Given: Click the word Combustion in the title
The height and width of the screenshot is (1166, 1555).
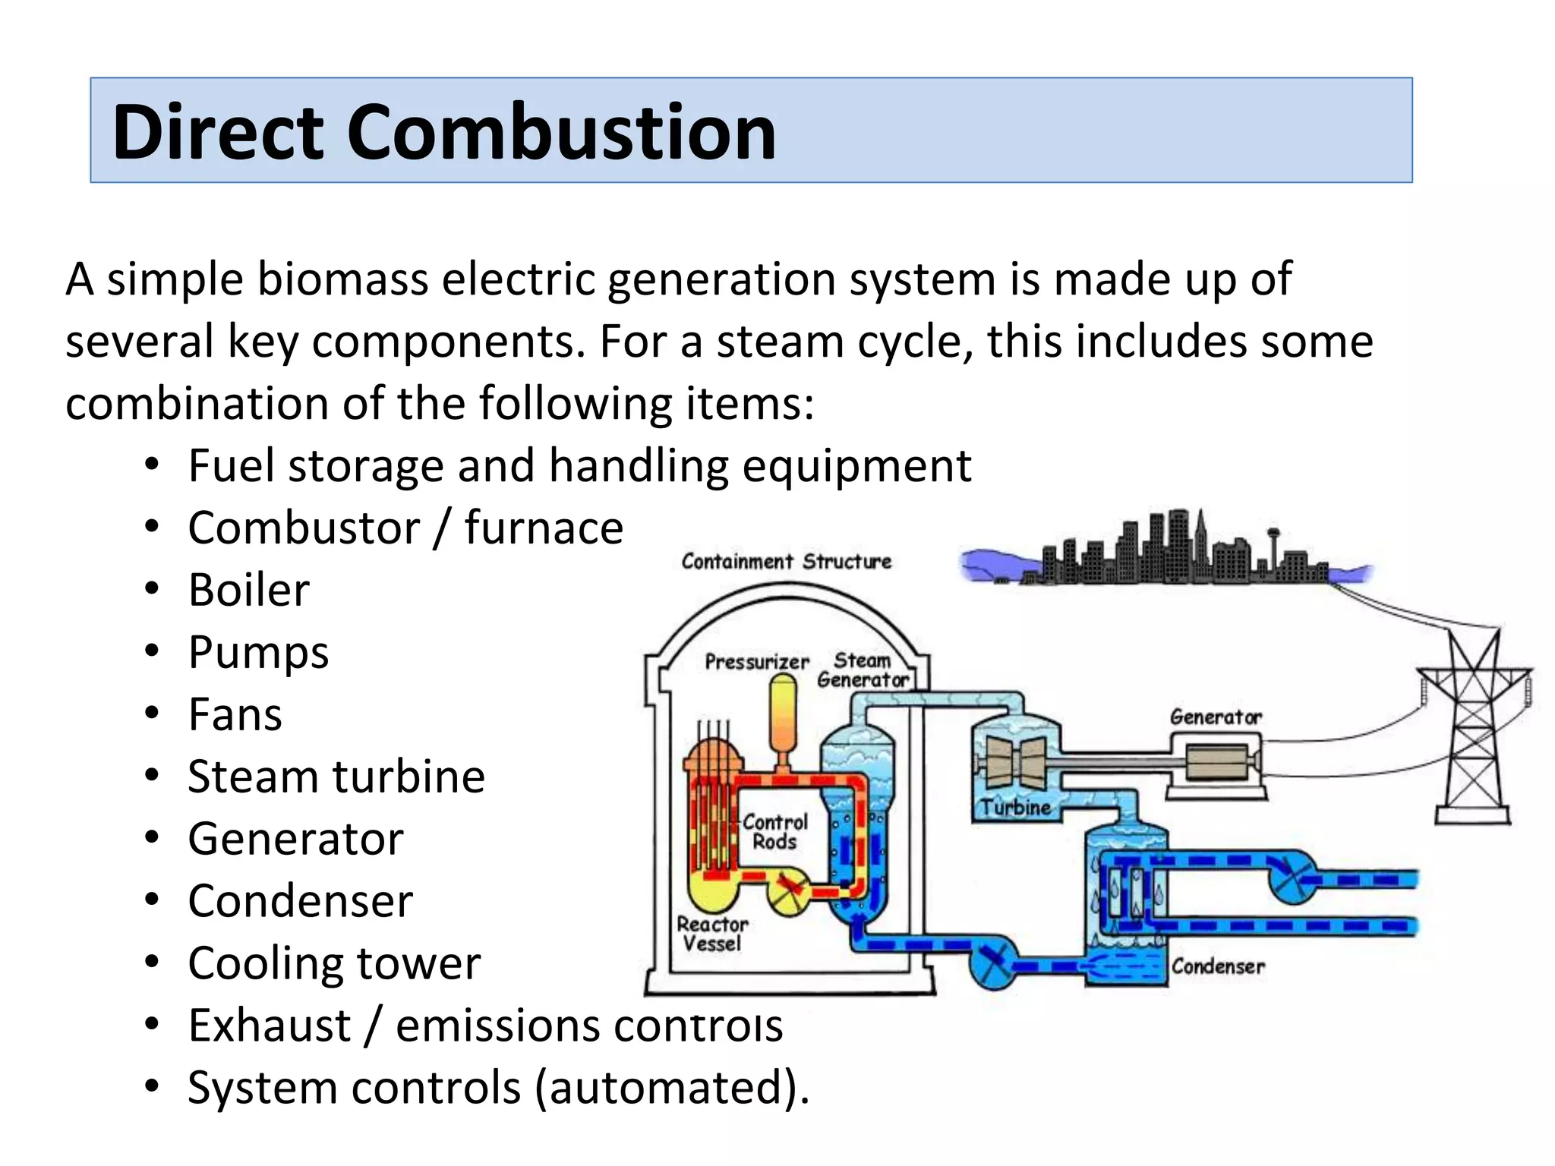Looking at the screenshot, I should tap(562, 132).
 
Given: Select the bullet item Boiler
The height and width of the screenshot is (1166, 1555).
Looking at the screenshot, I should tap(249, 590).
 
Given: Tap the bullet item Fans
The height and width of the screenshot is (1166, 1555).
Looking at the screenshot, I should tap(235, 714).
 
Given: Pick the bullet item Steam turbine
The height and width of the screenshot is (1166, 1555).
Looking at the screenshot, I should tap(336, 777).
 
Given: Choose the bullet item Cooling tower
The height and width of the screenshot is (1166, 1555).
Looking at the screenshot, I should tap(334, 963).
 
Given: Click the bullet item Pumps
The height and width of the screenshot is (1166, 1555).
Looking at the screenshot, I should tap(258, 652).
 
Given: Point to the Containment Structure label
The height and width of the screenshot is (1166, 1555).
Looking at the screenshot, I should tap(786, 562).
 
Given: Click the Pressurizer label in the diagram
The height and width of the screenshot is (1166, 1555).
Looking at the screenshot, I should tap(756, 662).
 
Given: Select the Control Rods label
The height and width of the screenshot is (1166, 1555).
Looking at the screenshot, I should tap(774, 832).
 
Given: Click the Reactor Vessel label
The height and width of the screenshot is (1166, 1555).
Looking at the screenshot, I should tap(711, 934).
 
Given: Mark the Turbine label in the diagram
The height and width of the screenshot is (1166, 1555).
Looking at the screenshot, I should tap(1015, 807).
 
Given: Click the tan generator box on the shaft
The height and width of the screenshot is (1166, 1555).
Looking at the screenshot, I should tap(1216, 761).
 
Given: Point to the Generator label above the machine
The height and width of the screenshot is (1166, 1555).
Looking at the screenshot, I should tap(1215, 717).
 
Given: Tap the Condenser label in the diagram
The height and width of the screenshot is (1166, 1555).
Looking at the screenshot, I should tap(1218, 966).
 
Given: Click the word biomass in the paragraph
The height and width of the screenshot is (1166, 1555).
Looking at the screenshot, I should tap(342, 279).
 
